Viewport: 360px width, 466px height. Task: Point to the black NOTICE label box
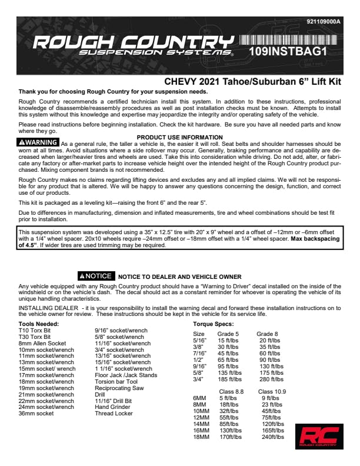[x=95, y=276]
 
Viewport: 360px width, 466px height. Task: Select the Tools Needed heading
[x=38, y=324]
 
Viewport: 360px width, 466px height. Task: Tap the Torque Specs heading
[x=213, y=324]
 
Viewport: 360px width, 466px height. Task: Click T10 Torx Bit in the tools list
[x=35, y=331]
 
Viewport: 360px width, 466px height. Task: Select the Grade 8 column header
[x=268, y=334]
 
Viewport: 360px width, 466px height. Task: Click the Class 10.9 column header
[x=272, y=391]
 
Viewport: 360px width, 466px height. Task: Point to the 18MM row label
[x=201, y=437]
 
